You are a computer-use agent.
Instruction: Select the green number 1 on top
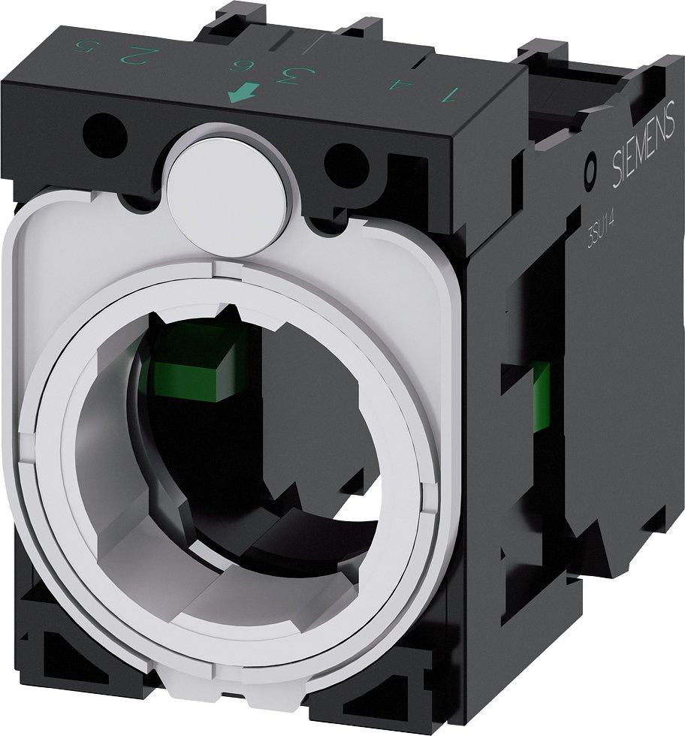tap(451, 95)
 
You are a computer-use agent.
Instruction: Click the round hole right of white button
tap(345, 159)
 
